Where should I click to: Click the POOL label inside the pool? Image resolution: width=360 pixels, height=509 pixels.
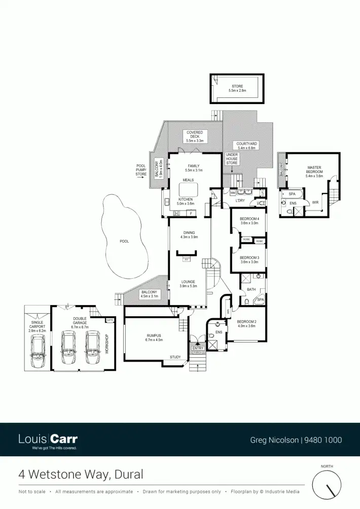124,242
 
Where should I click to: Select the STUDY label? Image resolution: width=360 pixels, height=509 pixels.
175,357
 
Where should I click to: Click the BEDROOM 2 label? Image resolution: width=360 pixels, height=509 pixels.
246,323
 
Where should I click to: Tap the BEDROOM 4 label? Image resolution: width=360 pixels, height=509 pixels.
249,220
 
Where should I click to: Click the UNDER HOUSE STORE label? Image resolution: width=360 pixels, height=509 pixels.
232,159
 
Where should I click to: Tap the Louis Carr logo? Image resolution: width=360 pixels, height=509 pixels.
48,440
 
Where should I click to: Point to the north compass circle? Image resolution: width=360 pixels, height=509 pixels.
327,485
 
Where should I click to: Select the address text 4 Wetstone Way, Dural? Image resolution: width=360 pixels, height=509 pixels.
81,474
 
